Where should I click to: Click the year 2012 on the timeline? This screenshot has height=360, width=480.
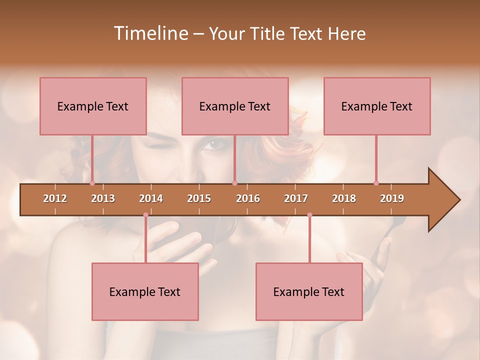pos(55,198)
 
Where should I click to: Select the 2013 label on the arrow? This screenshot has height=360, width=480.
pos(103,198)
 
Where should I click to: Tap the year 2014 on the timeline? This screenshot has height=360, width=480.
pos(151,198)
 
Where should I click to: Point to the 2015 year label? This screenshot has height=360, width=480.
pos(199,198)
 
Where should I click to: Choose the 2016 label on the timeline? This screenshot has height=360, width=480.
pos(248,198)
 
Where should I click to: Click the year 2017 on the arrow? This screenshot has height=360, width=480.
pos(296,198)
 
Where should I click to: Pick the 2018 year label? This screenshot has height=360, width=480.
pos(344,198)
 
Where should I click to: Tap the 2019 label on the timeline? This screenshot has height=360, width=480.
pos(392,198)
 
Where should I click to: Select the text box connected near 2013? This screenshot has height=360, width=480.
pos(93,106)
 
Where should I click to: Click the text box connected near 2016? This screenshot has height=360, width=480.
pos(235,106)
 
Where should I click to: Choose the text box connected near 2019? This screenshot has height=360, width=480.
pos(377,106)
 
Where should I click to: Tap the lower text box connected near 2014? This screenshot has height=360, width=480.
pos(145,291)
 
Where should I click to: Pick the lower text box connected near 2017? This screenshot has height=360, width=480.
pos(309,291)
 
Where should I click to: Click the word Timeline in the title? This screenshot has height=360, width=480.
pos(150,33)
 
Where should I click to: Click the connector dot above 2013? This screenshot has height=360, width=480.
pos(92,183)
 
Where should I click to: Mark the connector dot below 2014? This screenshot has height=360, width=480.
pos(145,215)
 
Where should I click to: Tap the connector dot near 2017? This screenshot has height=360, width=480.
pos(309,215)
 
